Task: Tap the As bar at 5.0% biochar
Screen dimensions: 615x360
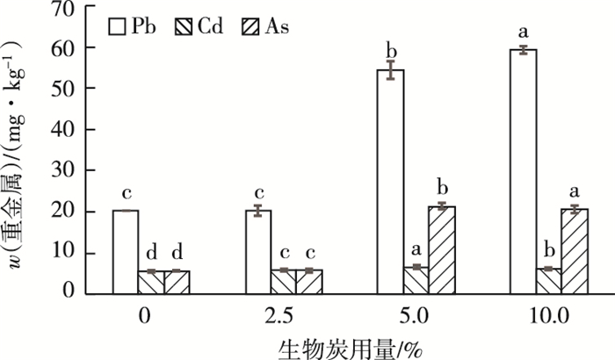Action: (443, 250)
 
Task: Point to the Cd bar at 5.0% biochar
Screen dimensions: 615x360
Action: (416, 280)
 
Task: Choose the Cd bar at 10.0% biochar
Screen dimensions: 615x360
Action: (548, 281)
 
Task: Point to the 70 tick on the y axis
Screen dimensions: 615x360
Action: (67, 8)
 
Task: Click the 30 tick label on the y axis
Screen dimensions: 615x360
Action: (67, 171)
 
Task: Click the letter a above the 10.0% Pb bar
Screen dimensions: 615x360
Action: (524, 31)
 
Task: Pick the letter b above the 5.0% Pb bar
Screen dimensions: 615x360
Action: (390, 48)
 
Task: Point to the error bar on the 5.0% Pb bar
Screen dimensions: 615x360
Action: (390, 70)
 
